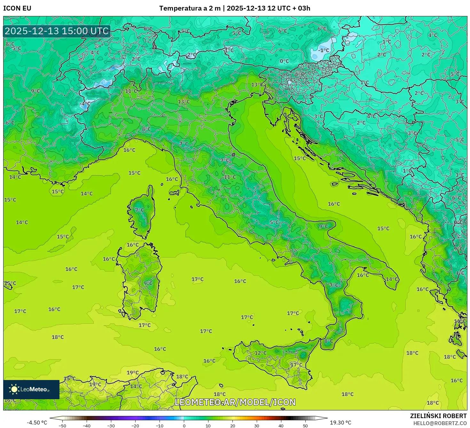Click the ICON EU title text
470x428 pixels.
click(17, 8)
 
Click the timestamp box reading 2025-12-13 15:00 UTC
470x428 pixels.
click(57, 31)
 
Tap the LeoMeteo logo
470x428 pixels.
click(31, 389)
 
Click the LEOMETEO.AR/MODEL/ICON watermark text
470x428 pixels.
click(235, 402)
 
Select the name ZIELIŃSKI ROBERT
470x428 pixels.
click(438, 416)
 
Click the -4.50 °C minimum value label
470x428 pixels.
click(37, 423)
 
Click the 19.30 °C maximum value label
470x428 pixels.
click(341, 423)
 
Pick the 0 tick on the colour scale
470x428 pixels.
click(184, 426)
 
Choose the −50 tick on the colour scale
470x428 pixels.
click(62, 426)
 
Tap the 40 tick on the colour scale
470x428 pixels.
click(281, 426)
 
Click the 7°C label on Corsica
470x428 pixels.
click(140, 210)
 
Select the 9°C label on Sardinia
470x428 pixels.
click(148, 283)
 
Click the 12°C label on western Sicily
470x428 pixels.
click(260, 353)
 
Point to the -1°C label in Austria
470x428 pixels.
click(323, 50)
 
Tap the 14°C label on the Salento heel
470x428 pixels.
click(392, 279)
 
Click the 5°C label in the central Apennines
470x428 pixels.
click(274, 222)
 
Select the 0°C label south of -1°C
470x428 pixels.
click(284, 61)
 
